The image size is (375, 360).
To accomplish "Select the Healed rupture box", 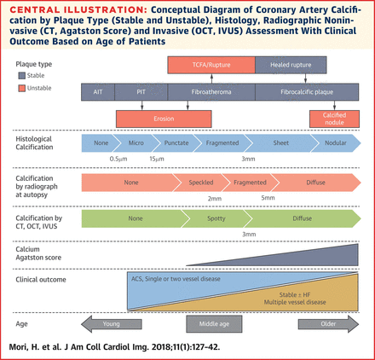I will coord(291,65).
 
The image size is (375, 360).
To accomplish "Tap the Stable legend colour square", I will coord(21,75).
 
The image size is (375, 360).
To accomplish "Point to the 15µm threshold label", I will coord(157,159).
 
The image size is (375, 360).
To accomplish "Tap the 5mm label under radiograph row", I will coord(268,197).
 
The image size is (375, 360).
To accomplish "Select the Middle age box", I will coord(214,324).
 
